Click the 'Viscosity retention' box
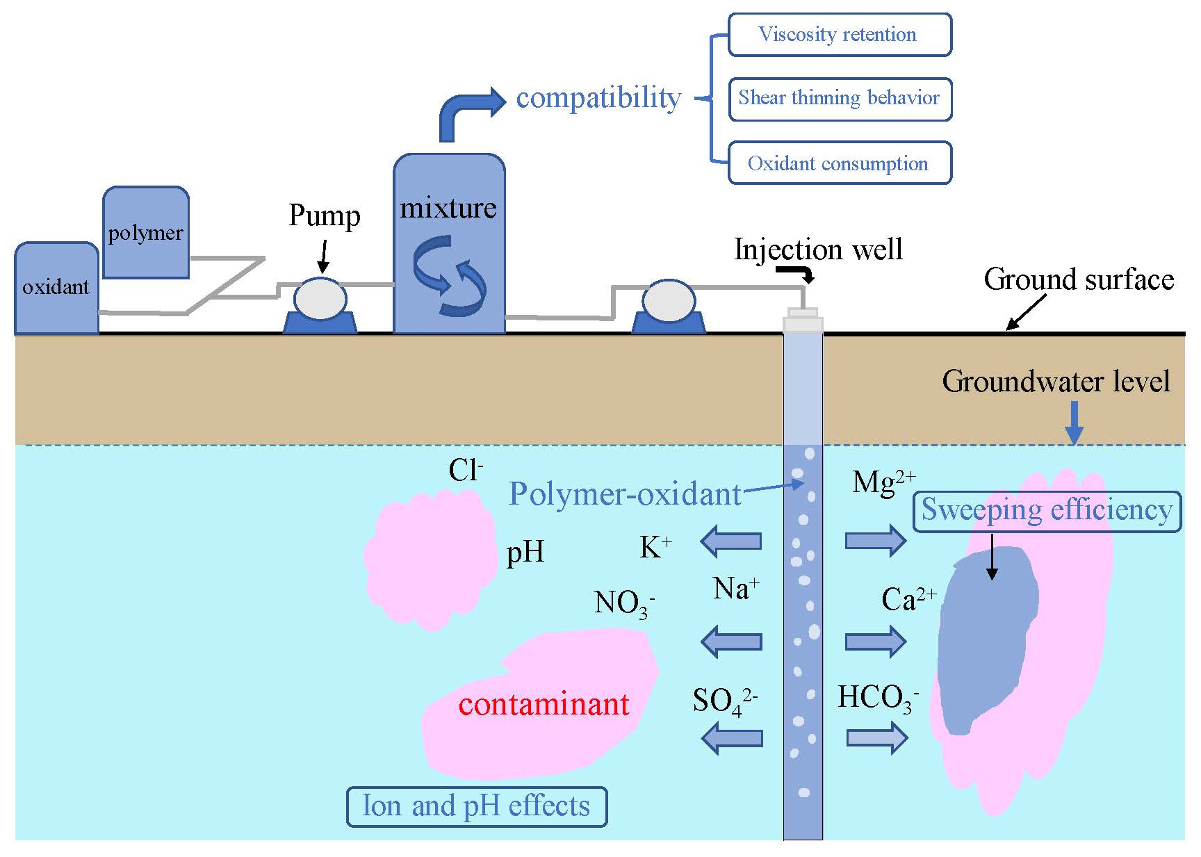pos(839,35)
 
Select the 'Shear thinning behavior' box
pos(839,99)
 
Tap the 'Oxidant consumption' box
pos(839,163)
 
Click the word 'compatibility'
pos(598,98)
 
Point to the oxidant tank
pos(56,288)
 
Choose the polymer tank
pos(145,233)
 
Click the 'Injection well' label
pos(818,250)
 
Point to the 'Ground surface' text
pos(1078,279)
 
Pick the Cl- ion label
pos(465,471)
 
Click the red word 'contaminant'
pos(544,704)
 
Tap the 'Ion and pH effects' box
pos(476,806)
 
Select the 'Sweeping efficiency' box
pos(1046,511)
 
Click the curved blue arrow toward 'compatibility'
pos(466,111)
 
